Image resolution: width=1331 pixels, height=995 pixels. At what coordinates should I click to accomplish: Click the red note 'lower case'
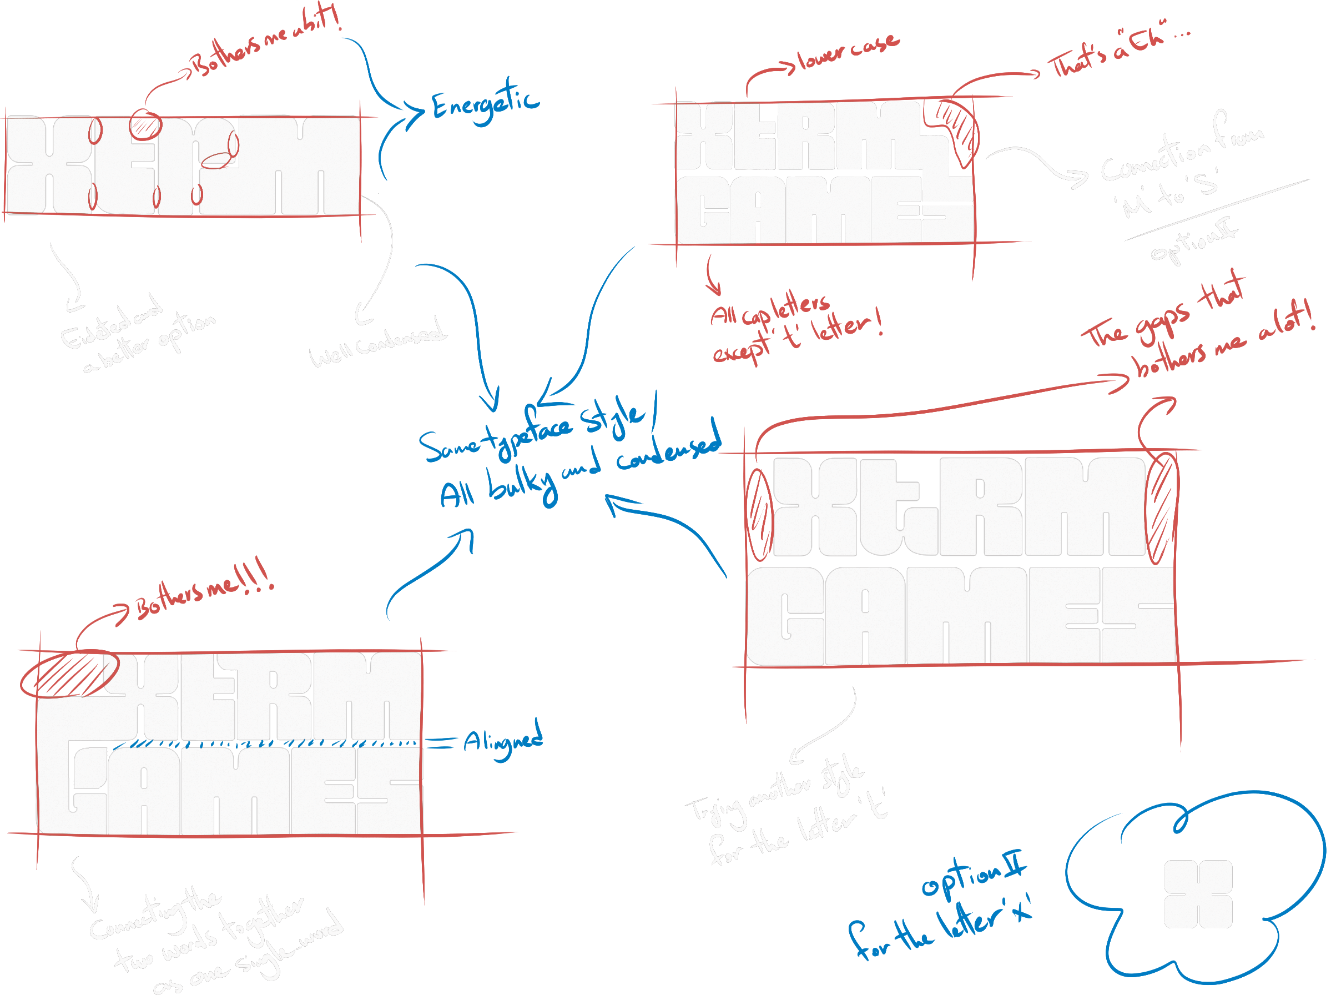point(849,52)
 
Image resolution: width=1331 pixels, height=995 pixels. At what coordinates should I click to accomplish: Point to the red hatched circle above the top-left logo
point(145,124)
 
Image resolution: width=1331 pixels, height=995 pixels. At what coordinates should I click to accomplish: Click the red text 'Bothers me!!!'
point(205,593)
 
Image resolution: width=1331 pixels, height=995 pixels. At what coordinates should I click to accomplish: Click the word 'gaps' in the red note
point(1162,322)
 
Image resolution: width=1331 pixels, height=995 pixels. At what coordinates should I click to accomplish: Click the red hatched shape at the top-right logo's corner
point(957,129)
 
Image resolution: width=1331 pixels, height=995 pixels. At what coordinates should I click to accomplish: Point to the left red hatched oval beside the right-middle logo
point(759,515)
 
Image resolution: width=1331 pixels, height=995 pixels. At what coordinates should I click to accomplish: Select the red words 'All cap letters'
point(770,310)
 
